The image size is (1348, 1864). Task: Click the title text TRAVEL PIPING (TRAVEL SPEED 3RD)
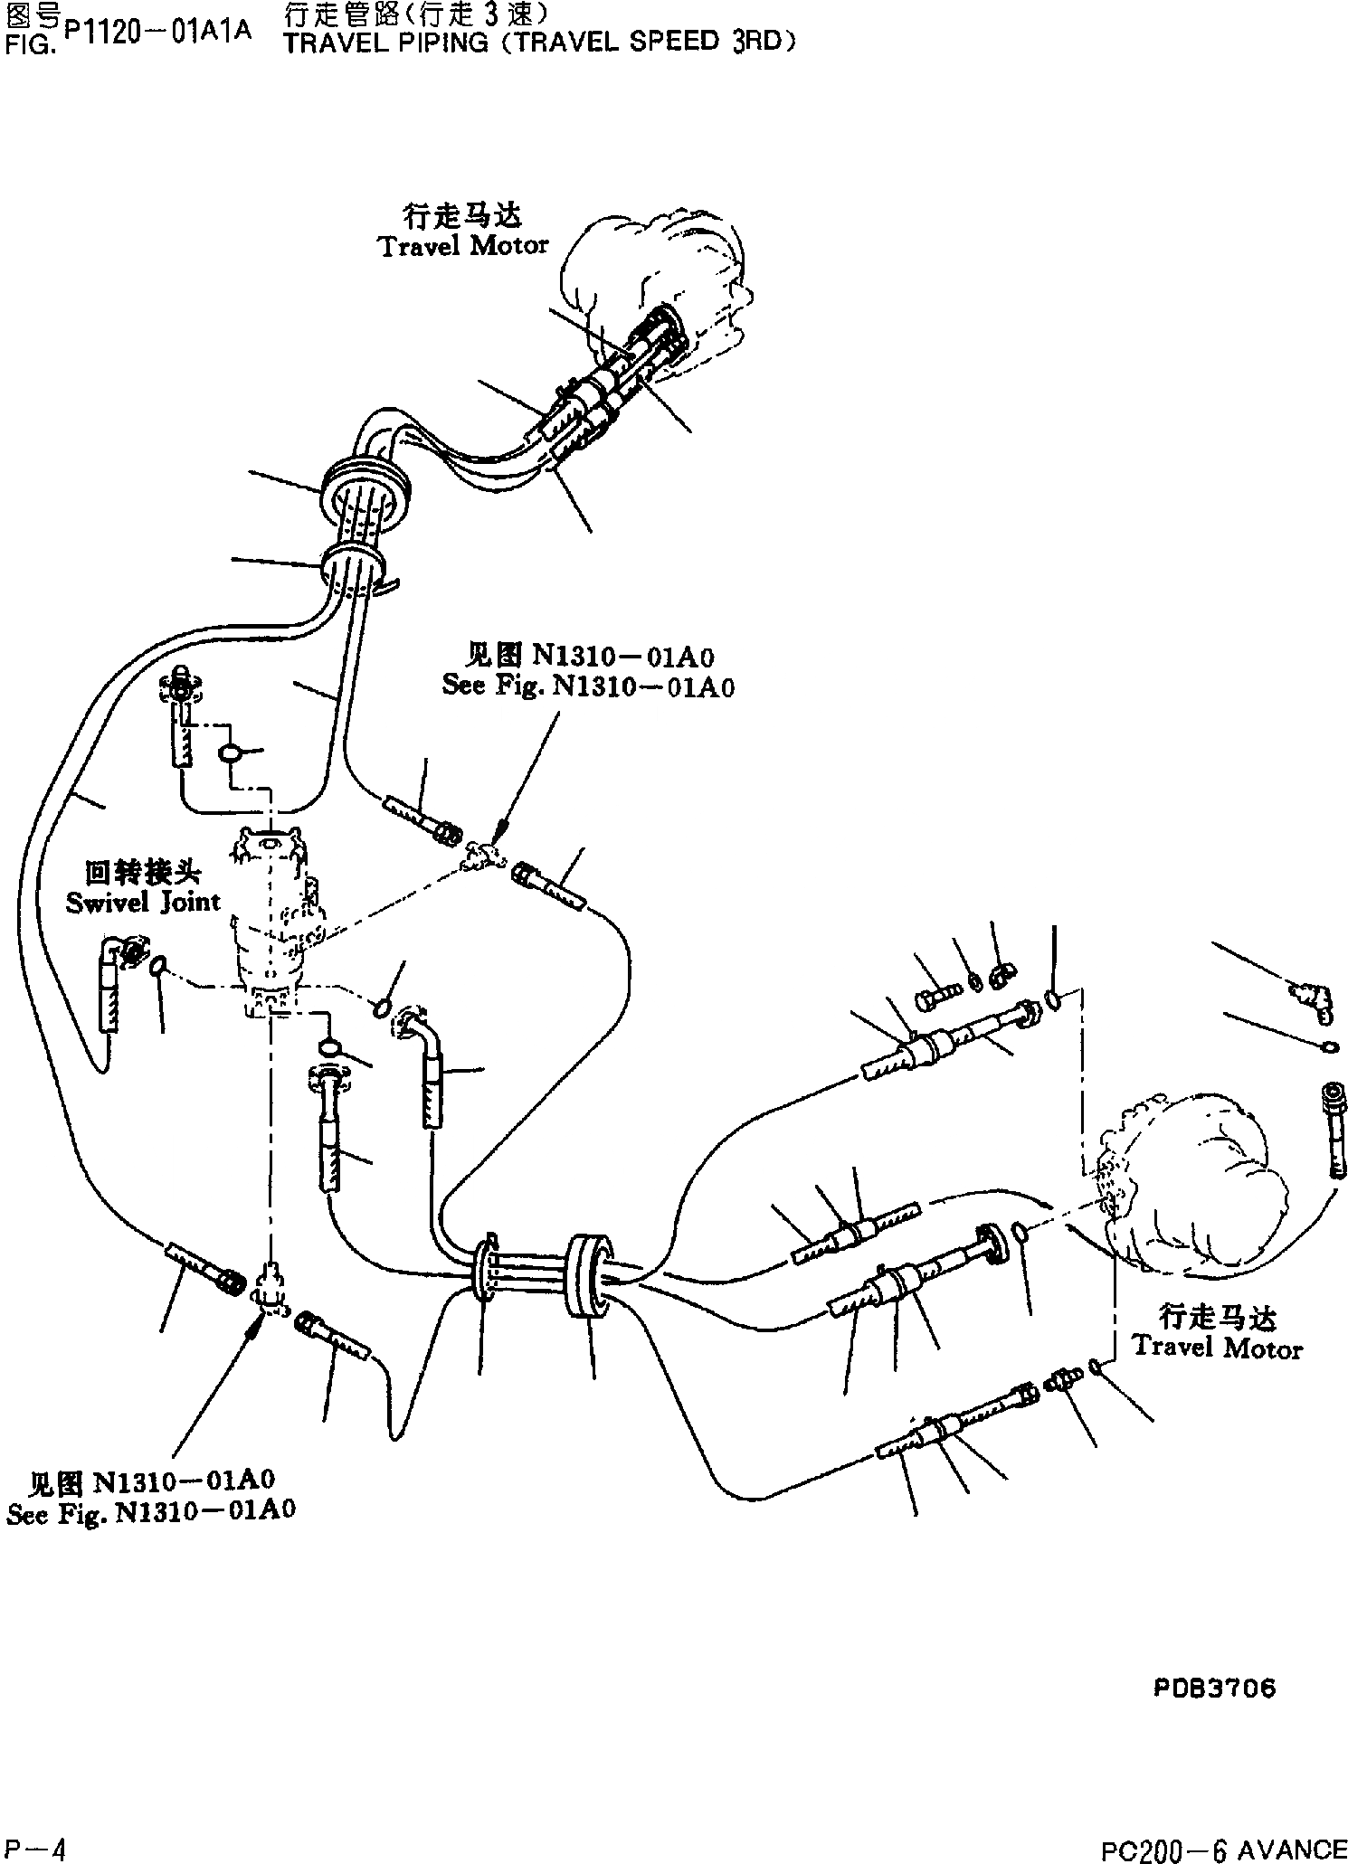point(540,43)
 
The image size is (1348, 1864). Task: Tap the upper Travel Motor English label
point(463,246)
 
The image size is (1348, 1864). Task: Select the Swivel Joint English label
point(143,902)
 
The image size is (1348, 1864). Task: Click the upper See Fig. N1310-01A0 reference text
point(588,686)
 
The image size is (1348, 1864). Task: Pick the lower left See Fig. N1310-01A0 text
point(151,1511)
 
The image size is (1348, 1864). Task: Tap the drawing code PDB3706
point(1215,1687)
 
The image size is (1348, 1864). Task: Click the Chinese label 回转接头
point(143,873)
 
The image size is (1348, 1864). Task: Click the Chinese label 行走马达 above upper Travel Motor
point(463,217)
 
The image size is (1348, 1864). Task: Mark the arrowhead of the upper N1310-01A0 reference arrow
point(499,828)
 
